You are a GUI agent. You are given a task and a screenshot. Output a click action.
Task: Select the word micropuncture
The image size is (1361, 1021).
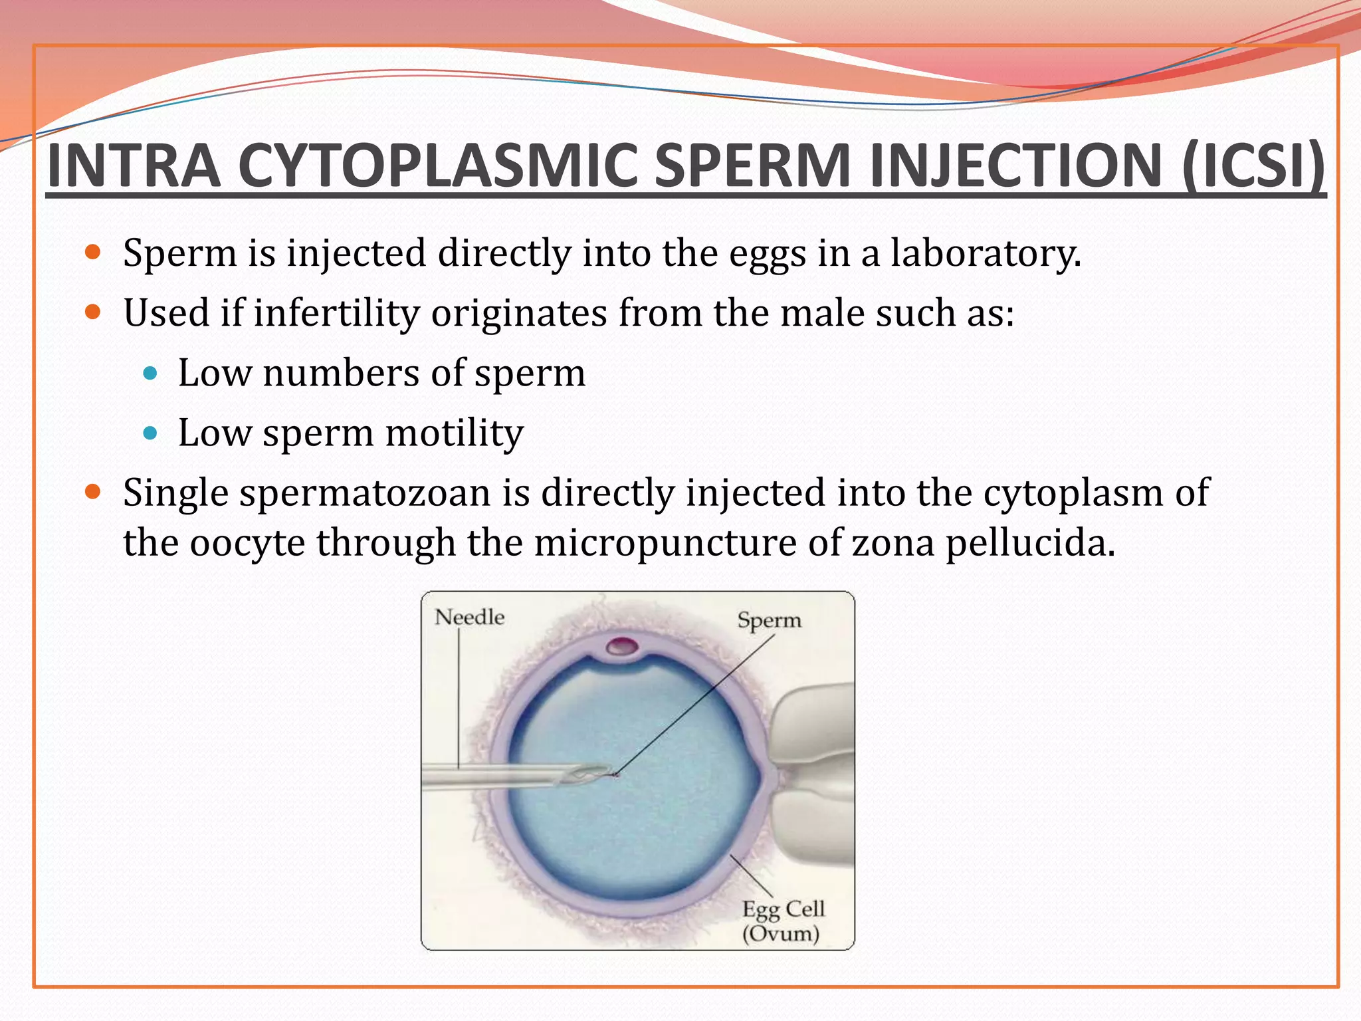pyautogui.click(x=665, y=543)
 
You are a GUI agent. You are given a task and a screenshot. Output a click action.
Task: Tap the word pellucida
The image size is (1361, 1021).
pyautogui.click(x=1029, y=543)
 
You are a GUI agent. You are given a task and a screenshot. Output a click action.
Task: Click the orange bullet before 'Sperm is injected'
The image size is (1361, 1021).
pyautogui.click(x=92, y=253)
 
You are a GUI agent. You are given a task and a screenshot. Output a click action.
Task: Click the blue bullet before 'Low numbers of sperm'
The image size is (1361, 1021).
pyautogui.click(x=150, y=374)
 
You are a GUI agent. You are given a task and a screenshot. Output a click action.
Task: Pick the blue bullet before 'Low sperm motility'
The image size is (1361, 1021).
pyautogui.click(x=150, y=433)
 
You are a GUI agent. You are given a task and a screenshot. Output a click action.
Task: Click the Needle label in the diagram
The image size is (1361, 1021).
pyautogui.click(x=469, y=617)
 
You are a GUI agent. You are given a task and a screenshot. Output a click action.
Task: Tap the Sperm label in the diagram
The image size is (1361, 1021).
pyautogui.click(x=769, y=620)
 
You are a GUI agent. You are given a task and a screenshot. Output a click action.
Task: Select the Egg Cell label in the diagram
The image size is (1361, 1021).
pyautogui.click(x=783, y=909)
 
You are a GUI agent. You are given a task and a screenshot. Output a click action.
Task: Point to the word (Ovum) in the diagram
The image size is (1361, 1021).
pyautogui.click(x=780, y=934)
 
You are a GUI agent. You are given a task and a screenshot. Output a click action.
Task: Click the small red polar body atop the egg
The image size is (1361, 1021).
pyautogui.click(x=623, y=645)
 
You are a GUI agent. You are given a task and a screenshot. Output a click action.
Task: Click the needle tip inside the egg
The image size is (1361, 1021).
pyautogui.click(x=608, y=774)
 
